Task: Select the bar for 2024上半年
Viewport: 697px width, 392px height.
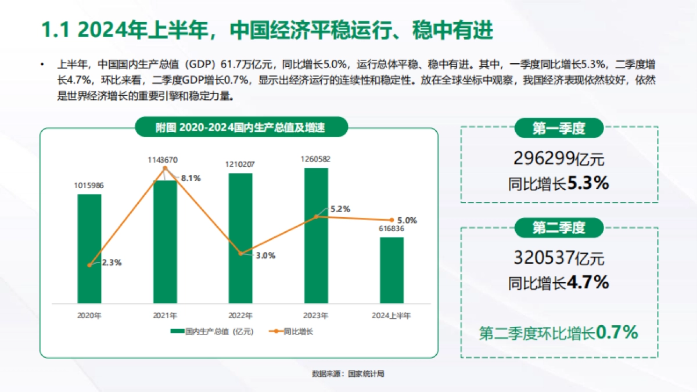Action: [391, 270]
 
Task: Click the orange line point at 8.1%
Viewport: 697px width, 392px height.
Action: [165, 168]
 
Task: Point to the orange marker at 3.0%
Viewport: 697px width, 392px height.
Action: [240, 253]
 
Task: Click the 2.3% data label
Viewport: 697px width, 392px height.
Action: [111, 262]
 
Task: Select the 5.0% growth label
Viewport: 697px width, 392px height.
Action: [407, 220]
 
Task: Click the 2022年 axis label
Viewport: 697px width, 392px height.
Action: [240, 316]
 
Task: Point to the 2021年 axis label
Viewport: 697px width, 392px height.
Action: [165, 316]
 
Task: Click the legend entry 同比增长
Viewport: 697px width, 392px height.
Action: [292, 332]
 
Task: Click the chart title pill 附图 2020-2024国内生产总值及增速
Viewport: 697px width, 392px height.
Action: [240, 127]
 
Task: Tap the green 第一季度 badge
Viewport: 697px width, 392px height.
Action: [559, 128]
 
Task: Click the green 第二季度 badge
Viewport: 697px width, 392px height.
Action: [559, 228]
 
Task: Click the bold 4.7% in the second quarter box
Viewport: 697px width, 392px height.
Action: [588, 283]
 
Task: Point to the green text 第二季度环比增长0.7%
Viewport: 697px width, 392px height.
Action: [559, 333]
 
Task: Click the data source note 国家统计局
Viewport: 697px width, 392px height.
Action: [348, 374]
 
